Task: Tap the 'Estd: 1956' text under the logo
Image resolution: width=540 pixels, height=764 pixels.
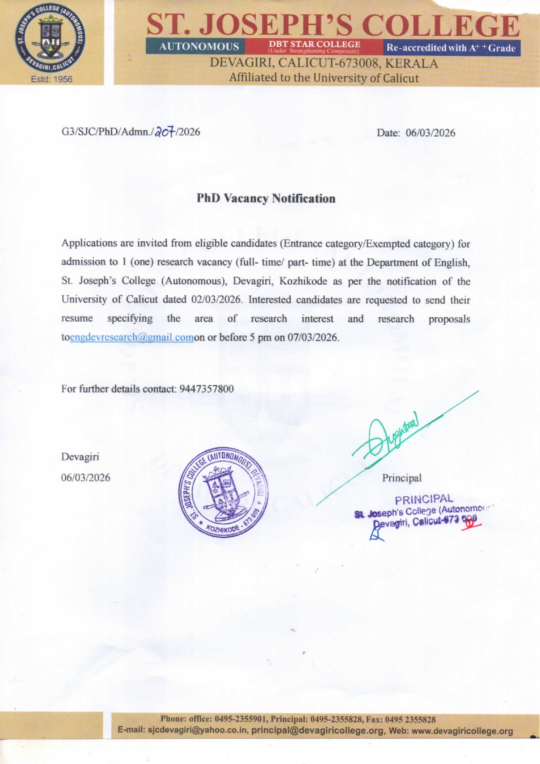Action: coord(51,79)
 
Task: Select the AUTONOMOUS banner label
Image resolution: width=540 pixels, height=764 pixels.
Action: coord(199,47)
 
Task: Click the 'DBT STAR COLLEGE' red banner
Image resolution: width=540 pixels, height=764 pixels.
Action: coord(314,46)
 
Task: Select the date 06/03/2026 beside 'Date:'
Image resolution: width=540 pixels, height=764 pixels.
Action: coord(430,133)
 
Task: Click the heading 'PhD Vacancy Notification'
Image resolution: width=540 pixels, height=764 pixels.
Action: coord(266,199)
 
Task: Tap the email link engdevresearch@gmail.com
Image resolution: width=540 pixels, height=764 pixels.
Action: coord(132,337)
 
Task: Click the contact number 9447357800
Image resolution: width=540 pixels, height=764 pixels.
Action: coord(206,389)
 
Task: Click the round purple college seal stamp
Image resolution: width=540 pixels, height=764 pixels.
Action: coord(223,492)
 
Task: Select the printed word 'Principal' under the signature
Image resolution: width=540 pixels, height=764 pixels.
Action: coord(402,478)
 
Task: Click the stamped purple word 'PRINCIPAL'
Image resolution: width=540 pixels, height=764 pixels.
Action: coord(424,499)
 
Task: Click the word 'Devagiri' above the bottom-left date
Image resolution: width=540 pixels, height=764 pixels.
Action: coord(80,457)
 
